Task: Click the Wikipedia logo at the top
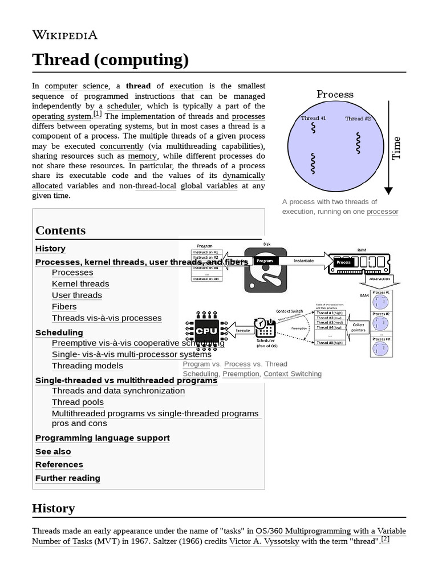tap(65, 35)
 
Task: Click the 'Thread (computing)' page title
tap(110, 59)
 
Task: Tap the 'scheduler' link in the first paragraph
tap(124, 106)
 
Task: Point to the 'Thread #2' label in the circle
tap(358, 119)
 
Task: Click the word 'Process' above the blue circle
tap(335, 95)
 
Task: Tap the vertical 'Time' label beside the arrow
tap(396, 148)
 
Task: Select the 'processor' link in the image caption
tap(382, 212)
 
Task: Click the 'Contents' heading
tap(60, 230)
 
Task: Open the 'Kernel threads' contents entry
tap(80, 283)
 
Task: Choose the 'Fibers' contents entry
tap(64, 306)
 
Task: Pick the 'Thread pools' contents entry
tap(78, 402)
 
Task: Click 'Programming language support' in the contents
tap(102, 438)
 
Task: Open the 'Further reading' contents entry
tap(67, 478)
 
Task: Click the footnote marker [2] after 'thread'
tap(386, 539)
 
